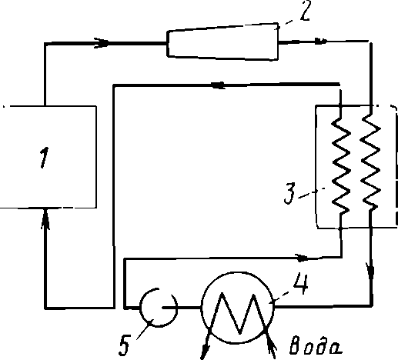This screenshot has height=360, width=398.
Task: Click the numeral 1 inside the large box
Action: coord(44,158)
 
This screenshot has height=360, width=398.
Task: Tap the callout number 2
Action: coord(305,11)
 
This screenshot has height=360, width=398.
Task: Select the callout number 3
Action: coord(290,193)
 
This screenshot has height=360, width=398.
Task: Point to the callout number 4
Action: coord(301,283)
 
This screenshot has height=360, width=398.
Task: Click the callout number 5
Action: coord(125,345)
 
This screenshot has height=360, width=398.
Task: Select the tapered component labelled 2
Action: coord(222,42)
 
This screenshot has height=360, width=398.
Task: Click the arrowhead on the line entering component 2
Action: coord(102,42)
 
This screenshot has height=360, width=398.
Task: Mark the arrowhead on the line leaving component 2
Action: coord(321,41)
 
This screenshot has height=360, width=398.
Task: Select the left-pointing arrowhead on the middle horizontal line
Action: coord(218,85)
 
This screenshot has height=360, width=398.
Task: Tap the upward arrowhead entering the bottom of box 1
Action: coord(45,218)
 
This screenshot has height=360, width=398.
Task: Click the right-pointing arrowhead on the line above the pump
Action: coord(302,258)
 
